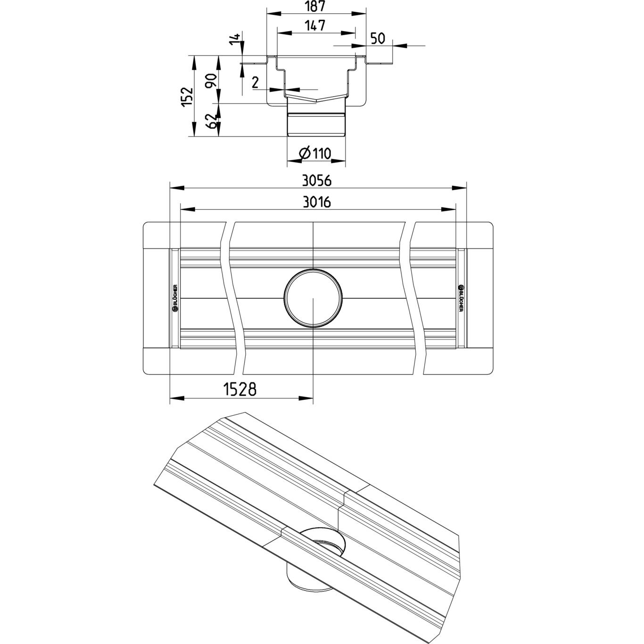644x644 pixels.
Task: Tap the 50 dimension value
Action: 379,38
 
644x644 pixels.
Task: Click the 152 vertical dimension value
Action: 188,97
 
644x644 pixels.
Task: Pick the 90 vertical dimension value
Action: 212,81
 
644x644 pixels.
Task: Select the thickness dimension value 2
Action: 255,83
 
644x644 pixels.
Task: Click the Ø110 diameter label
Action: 316,153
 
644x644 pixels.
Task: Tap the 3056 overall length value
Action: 317,181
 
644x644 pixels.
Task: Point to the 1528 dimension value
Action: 239,389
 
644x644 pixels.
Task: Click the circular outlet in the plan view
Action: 313,299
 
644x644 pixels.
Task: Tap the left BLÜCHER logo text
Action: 175,299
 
